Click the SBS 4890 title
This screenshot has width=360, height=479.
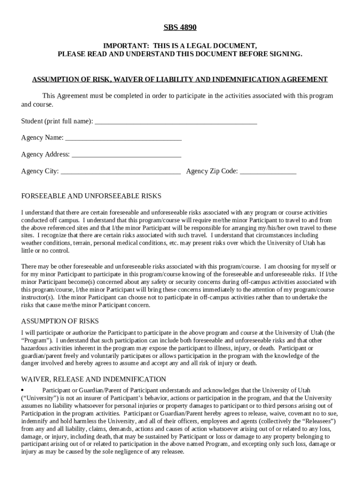180,28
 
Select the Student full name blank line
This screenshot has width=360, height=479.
175,122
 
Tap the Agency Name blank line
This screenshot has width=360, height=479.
123,138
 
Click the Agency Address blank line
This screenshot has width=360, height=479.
126,155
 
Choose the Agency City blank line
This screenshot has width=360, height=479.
121,172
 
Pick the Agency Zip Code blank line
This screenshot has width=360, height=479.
268,172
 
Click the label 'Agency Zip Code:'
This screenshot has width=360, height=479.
212,171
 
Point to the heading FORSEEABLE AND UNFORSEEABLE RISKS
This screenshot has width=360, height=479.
91,196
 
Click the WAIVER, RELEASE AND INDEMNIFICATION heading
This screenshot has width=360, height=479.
94,379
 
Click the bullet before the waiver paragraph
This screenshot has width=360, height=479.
22,390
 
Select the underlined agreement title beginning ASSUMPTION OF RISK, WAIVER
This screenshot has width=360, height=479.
180,80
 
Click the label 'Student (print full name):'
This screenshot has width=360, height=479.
57,122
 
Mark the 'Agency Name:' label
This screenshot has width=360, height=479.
42,138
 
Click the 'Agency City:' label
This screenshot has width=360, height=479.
40,171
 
